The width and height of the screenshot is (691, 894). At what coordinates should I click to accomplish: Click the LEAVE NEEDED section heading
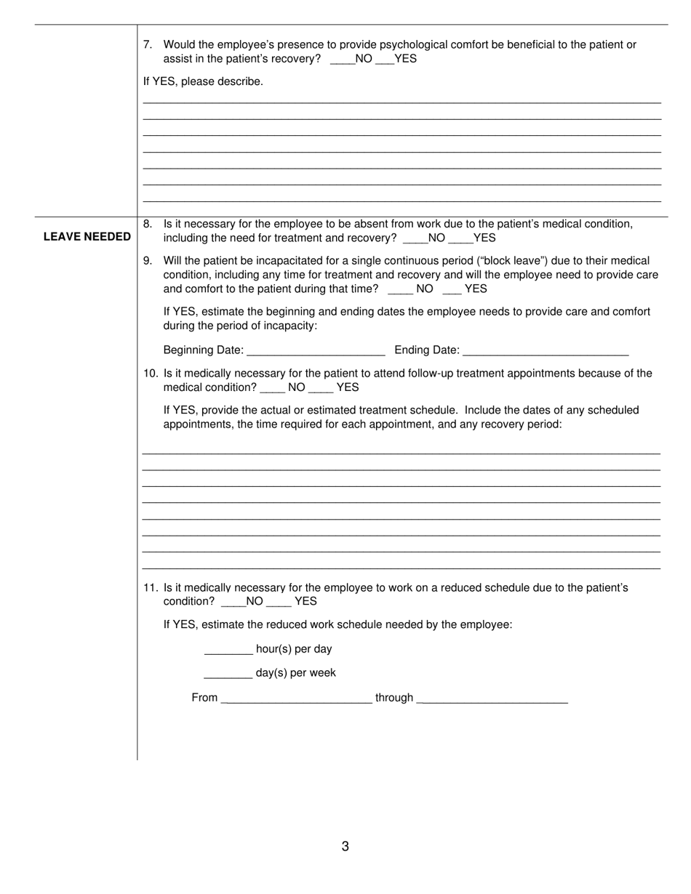pyautogui.click(x=87, y=237)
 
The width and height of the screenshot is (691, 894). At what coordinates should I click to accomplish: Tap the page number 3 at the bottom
pyautogui.click(x=345, y=846)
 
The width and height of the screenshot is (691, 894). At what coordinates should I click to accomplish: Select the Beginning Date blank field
pyautogui.click(x=316, y=350)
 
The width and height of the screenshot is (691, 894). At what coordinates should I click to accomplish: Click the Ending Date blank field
pyautogui.click(x=546, y=350)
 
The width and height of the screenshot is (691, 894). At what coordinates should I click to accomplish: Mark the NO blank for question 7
pyautogui.click(x=343, y=59)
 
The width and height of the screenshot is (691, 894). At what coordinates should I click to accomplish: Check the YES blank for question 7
pyautogui.click(x=385, y=59)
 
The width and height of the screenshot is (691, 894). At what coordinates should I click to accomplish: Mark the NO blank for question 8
pyautogui.click(x=415, y=238)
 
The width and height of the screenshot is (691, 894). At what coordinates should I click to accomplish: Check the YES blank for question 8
pyautogui.click(x=460, y=238)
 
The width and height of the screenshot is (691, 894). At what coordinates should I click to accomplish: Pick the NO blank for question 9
pyautogui.click(x=401, y=289)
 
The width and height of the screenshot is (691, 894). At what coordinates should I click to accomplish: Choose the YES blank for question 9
pyautogui.click(x=452, y=289)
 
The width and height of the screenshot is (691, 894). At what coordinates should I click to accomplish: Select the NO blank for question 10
pyautogui.click(x=272, y=387)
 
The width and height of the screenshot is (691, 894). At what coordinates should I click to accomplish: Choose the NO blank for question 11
pyautogui.click(x=233, y=602)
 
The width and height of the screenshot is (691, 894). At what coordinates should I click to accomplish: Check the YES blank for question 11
pyautogui.click(x=279, y=602)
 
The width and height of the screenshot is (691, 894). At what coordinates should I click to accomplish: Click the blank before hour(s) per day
pyautogui.click(x=228, y=649)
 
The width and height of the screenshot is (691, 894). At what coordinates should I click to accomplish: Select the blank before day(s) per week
pyautogui.click(x=228, y=673)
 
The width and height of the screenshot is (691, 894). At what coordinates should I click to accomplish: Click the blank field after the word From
pyautogui.click(x=296, y=698)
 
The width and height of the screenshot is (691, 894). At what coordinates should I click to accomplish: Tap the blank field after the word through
pyautogui.click(x=492, y=698)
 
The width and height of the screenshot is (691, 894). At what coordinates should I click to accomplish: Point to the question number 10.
pyautogui.click(x=151, y=374)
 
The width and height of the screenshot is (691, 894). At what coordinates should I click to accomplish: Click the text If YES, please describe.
pyautogui.click(x=203, y=81)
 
